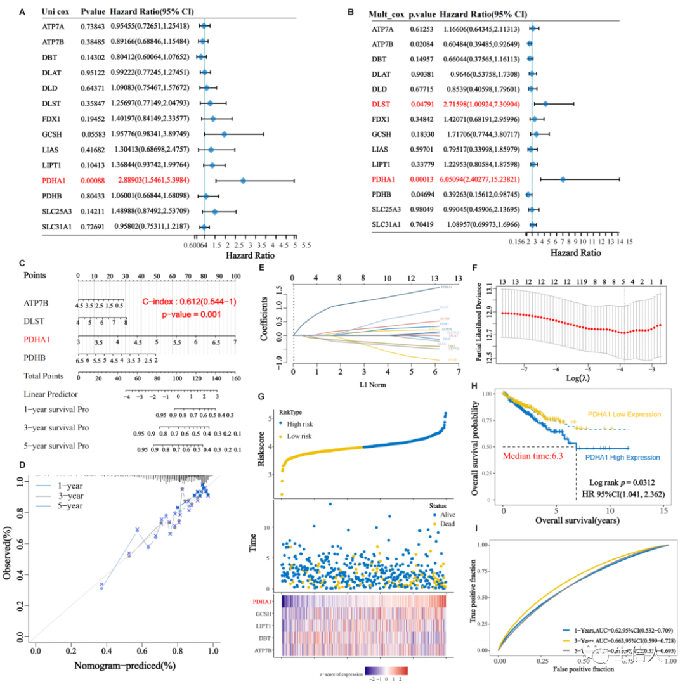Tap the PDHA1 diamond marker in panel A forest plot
tap(243, 181)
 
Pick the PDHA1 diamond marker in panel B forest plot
tap(563, 179)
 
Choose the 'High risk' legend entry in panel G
tap(306, 423)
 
